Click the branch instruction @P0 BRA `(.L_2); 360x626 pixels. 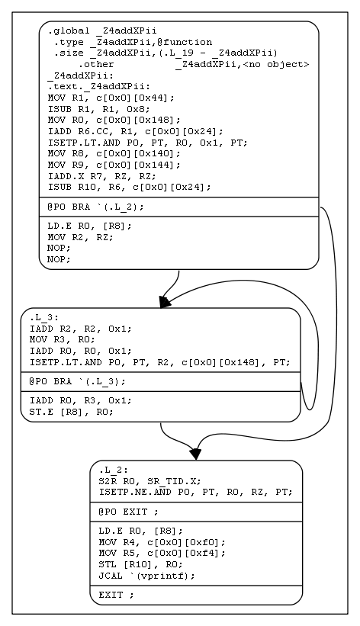(x=95, y=207)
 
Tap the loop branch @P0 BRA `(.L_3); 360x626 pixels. (x=77, y=381)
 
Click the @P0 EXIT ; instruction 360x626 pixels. (x=129, y=512)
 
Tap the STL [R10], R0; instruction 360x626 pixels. (x=140, y=564)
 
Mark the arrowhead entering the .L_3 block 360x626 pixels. (x=164, y=303)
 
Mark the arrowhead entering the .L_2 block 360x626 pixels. (x=195, y=454)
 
